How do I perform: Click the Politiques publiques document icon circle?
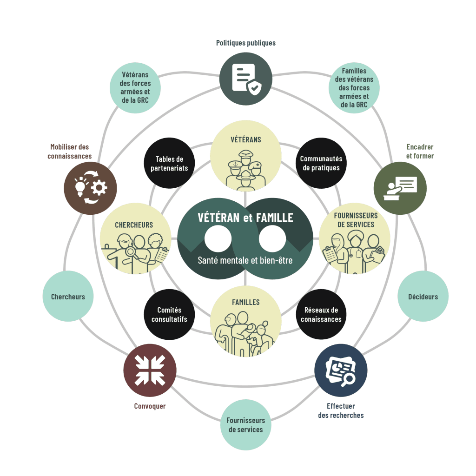(x=245, y=79)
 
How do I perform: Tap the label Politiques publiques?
(x=245, y=43)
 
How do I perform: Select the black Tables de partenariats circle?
(x=169, y=163)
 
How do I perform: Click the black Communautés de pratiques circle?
(x=321, y=163)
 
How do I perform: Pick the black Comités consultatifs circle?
(x=169, y=315)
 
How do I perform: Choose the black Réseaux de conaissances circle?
(x=321, y=315)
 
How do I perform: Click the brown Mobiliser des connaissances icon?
(x=90, y=188)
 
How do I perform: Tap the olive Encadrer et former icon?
(x=400, y=188)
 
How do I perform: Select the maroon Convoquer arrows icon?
(x=150, y=370)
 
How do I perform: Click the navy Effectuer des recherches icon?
(x=341, y=370)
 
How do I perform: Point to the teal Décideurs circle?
(x=423, y=296)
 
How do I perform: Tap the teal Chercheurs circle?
(x=68, y=296)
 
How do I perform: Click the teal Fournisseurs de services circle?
(x=245, y=425)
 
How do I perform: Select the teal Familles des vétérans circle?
(x=354, y=88)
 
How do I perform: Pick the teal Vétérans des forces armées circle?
(x=135, y=88)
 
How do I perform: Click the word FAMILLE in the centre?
(x=274, y=218)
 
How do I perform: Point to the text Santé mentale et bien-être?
(x=245, y=260)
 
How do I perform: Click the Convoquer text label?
(x=150, y=406)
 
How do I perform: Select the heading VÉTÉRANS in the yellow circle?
(x=245, y=139)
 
